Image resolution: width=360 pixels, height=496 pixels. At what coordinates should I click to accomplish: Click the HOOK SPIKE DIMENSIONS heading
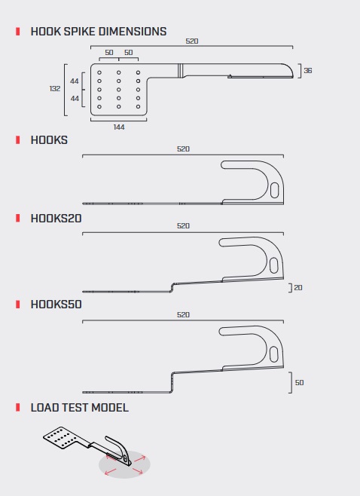[99, 32]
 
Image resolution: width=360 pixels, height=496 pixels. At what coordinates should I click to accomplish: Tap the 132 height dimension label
[55, 89]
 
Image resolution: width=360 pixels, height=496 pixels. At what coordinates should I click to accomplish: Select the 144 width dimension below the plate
[119, 127]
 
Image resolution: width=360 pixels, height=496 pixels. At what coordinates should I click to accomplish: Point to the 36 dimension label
[308, 71]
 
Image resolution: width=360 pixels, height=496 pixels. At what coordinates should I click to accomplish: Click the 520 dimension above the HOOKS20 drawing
[183, 226]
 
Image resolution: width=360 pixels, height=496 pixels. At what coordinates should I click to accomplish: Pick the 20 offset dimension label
[298, 287]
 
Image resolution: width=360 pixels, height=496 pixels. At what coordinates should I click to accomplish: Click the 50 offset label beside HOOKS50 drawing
[299, 382]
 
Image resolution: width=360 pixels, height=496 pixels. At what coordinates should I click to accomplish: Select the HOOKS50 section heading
[56, 305]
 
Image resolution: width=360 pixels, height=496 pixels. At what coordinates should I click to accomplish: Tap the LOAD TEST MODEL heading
[80, 407]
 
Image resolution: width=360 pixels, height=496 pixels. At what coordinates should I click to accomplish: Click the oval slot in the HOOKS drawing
[275, 190]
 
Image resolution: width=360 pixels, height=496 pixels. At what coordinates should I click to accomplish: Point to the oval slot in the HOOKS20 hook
[273, 265]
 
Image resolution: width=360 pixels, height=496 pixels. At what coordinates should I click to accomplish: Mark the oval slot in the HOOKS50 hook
[273, 354]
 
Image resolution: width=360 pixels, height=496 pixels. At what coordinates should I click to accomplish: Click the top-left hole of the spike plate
[99, 72]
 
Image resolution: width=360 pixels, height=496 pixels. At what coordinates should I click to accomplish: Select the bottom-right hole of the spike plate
[138, 106]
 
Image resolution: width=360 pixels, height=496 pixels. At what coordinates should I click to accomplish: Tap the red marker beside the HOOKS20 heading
[18, 219]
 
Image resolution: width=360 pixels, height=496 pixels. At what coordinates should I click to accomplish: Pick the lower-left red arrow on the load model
[110, 472]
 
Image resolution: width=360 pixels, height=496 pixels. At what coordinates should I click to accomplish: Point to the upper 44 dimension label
[75, 81]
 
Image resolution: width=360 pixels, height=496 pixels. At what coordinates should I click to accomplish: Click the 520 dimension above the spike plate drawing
[192, 41]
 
